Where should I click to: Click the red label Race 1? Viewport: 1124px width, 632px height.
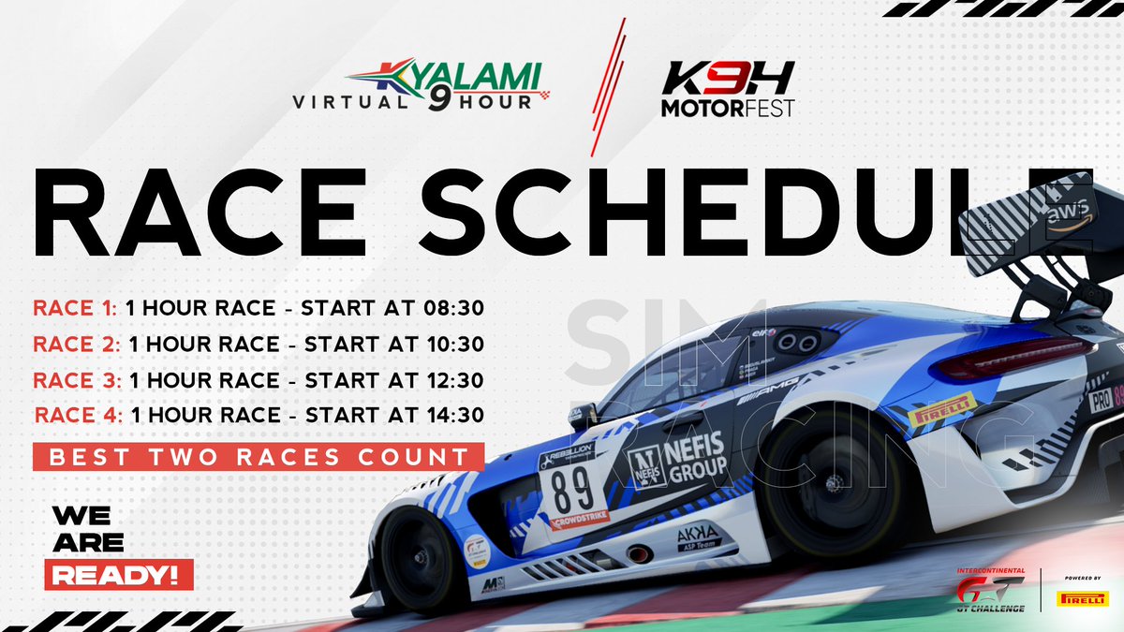(x=75, y=308)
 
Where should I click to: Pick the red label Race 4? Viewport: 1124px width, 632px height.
(x=79, y=415)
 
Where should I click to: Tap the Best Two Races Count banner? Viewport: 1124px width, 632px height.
(x=259, y=458)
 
